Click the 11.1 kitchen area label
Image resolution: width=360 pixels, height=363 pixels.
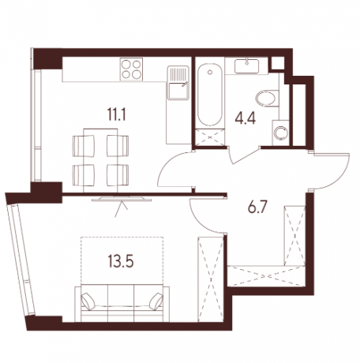(x=118, y=112)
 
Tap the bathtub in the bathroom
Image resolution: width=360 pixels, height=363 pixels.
(x=208, y=95)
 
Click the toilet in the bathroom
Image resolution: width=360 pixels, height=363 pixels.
(x=269, y=99)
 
